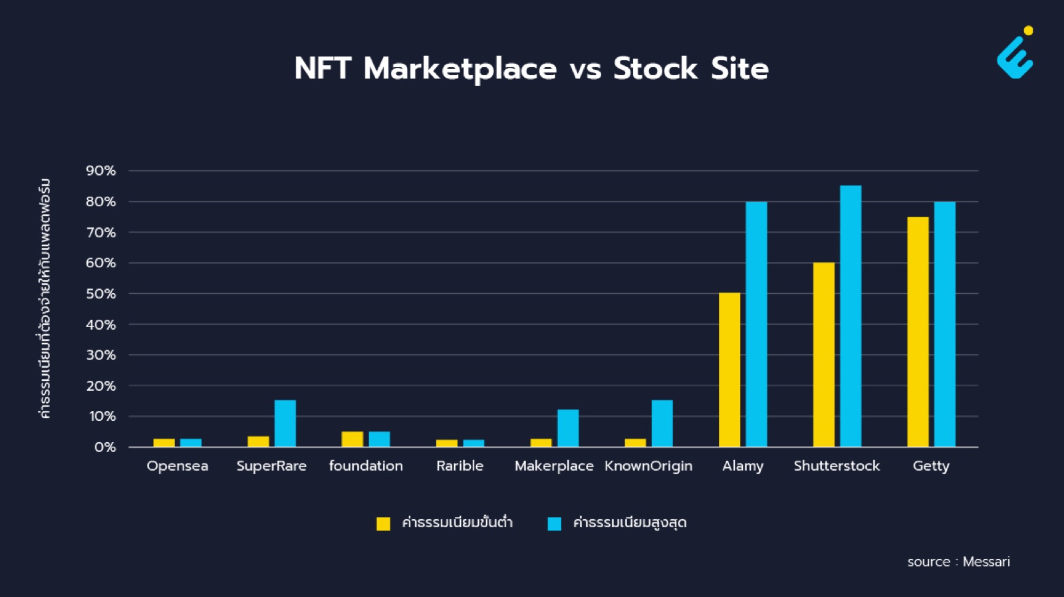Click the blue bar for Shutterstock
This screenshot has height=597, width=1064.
(851, 316)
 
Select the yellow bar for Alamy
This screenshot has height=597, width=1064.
(729, 370)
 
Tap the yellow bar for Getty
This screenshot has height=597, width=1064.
(918, 332)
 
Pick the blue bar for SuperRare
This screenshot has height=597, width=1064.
(285, 423)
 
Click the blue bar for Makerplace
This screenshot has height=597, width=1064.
(568, 428)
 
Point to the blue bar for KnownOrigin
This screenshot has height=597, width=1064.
(662, 423)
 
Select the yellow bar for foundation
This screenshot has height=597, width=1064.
(352, 439)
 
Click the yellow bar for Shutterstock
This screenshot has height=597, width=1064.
(824, 354)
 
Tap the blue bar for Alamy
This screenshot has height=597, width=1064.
(756, 324)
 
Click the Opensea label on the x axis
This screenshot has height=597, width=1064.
(177, 466)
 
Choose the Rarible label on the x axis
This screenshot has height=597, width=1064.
(460, 465)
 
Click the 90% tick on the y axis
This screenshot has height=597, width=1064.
(100, 170)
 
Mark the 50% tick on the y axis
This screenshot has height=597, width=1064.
(100, 293)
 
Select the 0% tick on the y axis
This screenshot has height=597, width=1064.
(105, 447)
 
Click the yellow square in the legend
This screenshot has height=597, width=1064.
(383, 523)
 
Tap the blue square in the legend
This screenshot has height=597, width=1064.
(555, 523)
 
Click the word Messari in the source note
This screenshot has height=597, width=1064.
(986, 562)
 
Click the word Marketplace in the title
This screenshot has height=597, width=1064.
(460, 69)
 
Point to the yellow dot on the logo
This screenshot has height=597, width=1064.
(1028, 31)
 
